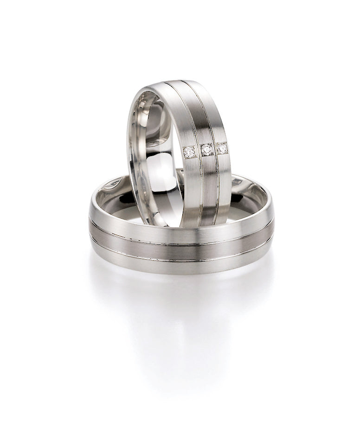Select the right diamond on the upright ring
pos(222,148)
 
